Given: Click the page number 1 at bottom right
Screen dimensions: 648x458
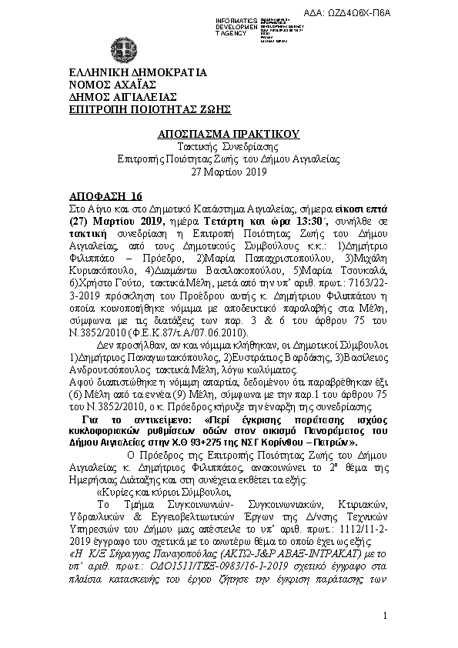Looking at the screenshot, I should [x=384, y=618].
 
